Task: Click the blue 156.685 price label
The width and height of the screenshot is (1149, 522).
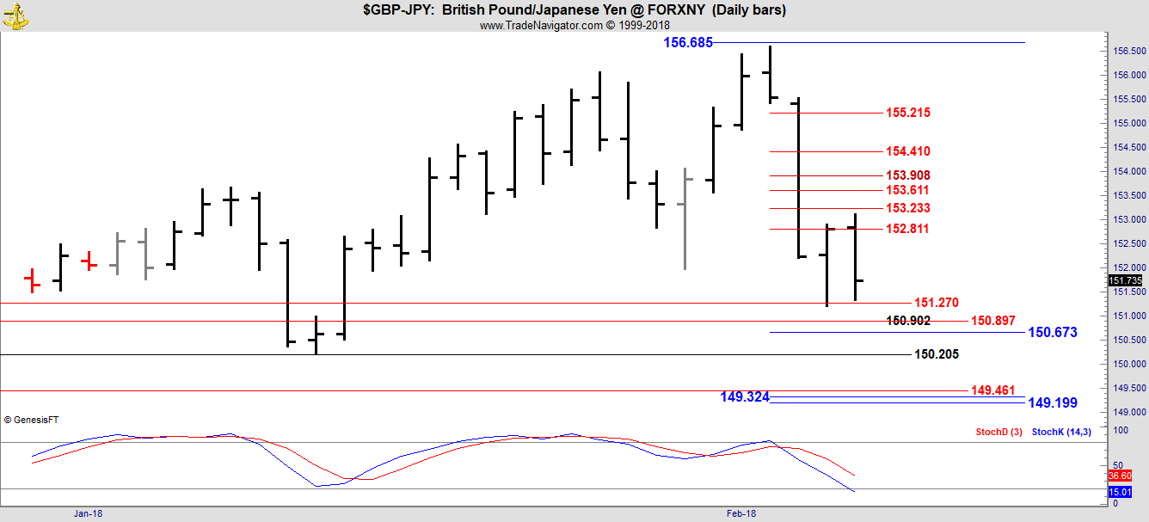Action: [x=688, y=42]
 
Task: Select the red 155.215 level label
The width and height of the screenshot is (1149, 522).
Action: [x=908, y=113]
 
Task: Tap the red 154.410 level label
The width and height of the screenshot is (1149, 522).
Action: [x=908, y=151]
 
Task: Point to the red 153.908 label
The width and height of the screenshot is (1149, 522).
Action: [x=908, y=175]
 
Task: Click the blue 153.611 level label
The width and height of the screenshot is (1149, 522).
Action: [x=908, y=190]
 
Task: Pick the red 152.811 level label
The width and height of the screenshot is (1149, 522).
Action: [x=908, y=229]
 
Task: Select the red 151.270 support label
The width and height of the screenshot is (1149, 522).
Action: [x=937, y=303]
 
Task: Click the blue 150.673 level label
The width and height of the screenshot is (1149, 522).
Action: [x=1053, y=332]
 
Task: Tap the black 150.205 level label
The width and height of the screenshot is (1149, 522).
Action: [x=937, y=354]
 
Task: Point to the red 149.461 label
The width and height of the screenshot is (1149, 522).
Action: [x=993, y=390]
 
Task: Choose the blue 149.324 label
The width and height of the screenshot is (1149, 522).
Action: [x=745, y=396]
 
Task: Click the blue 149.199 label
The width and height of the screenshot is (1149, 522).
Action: [x=1053, y=402]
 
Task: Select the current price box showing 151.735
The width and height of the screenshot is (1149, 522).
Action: [x=1126, y=281]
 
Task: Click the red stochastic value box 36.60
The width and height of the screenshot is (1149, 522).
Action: [x=1120, y=476]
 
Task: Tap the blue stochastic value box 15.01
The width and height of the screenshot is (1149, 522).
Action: [x=1120, y=492]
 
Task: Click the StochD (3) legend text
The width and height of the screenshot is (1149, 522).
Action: [x=998, y=432]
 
